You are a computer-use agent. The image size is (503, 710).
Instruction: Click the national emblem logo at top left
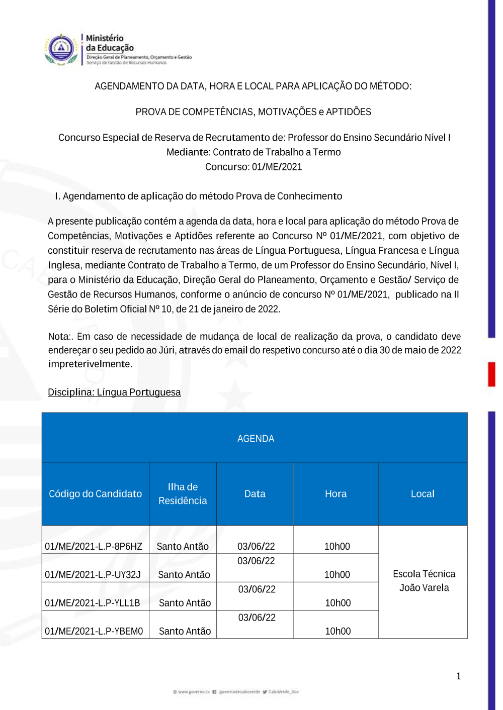click(60, 49)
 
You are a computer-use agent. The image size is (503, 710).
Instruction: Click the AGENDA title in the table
click(256, 439)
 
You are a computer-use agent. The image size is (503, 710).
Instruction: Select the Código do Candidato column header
click(95, 494)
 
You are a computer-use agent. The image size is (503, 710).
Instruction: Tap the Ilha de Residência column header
click(183, 493)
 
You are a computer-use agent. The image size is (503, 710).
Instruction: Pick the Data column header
click(255, 494)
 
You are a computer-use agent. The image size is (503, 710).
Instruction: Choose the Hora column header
click(336, 494)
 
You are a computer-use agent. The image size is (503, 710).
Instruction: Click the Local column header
click(423, 494)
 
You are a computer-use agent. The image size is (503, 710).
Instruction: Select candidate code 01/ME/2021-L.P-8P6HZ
click(94, 546)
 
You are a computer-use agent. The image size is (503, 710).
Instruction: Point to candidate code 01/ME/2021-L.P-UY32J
click(93, 574)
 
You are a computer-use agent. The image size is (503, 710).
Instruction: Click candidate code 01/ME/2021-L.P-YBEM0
click(94, 631)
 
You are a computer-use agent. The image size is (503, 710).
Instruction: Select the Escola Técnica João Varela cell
click(424, 581)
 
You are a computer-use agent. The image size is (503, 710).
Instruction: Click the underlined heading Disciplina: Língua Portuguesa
click(114, 392)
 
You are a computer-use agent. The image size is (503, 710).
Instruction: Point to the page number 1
click(458, 676)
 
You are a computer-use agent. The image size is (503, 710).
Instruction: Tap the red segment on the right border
click(491, 374)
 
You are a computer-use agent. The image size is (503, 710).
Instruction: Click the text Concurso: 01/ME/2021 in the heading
click(254, 167)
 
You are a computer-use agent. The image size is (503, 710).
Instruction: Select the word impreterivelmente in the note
click(90, 364)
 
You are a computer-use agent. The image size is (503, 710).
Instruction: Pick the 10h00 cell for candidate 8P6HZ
click(337, 546)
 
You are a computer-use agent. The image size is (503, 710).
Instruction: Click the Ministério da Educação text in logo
click(109, 43)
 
